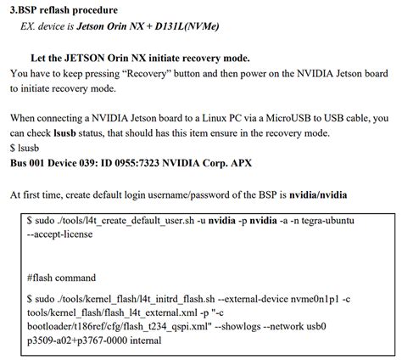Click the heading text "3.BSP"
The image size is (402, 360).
[x=25, y=9]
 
